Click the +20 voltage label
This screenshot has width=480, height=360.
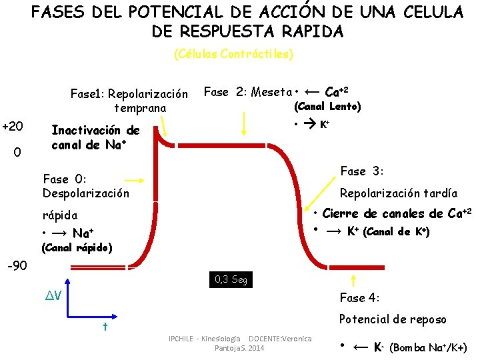[13, 127]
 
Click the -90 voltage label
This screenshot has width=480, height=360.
[17, 266]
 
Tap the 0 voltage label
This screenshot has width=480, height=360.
[17, 153]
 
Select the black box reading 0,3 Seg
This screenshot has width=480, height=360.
[231, 279]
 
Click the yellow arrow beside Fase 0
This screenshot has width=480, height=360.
[135, 180]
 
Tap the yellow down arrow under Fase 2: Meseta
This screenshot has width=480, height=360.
[245, 123]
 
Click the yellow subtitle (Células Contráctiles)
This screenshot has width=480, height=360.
[233, 54]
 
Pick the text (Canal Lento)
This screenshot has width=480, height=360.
[327, 107]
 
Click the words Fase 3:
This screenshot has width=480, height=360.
[361, 171]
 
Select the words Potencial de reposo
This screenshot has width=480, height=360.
[393, 319]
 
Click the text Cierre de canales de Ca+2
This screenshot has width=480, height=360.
[397, 213]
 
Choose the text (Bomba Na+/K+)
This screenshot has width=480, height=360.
[428, 347]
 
